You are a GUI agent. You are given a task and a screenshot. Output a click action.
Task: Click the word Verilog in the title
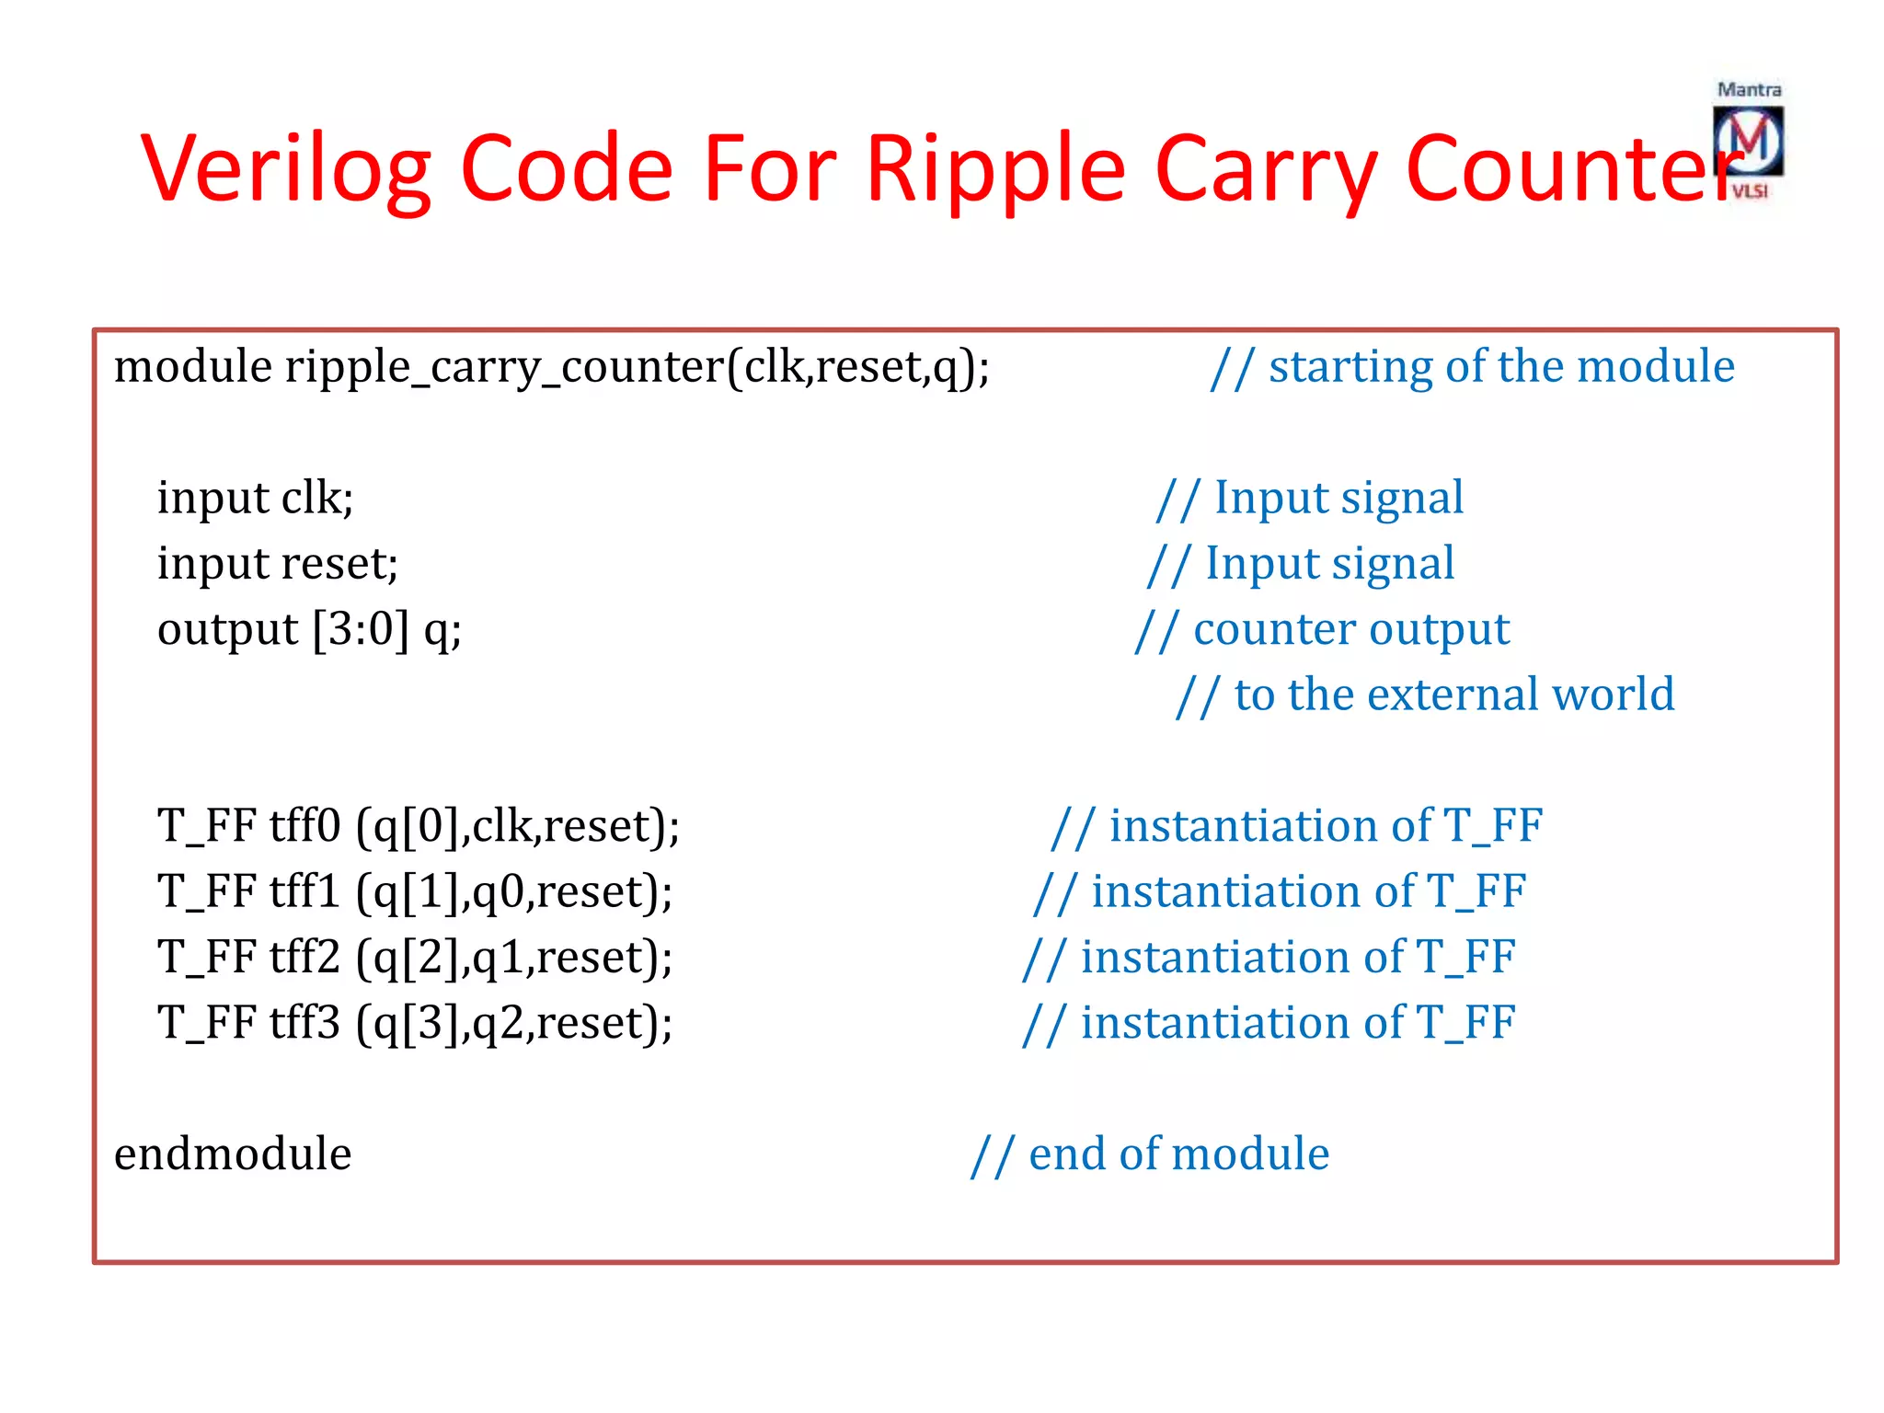285,169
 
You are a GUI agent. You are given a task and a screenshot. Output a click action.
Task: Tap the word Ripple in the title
995,169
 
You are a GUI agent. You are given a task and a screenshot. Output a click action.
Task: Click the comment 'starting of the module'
1500,366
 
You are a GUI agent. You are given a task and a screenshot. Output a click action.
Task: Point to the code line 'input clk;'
255,499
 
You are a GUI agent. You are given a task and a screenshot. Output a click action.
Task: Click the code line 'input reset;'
277,564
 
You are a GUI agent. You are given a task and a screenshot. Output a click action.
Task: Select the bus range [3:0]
361,630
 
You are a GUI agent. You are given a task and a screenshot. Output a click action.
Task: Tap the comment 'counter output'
1350,630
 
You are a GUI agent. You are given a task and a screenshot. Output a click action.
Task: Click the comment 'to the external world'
1453,695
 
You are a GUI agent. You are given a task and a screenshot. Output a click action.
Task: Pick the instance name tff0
304,825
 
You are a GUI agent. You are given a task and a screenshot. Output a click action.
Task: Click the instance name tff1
304,891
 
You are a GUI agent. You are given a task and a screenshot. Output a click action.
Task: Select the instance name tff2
304,957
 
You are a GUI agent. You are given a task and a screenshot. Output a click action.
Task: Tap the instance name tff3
304,1023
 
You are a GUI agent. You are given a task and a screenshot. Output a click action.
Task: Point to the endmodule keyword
233,1154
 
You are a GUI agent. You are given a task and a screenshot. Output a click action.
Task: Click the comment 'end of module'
1177,1154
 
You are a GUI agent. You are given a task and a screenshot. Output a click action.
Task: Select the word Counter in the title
1573,169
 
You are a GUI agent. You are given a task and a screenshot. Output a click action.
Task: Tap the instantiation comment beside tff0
1325,825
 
